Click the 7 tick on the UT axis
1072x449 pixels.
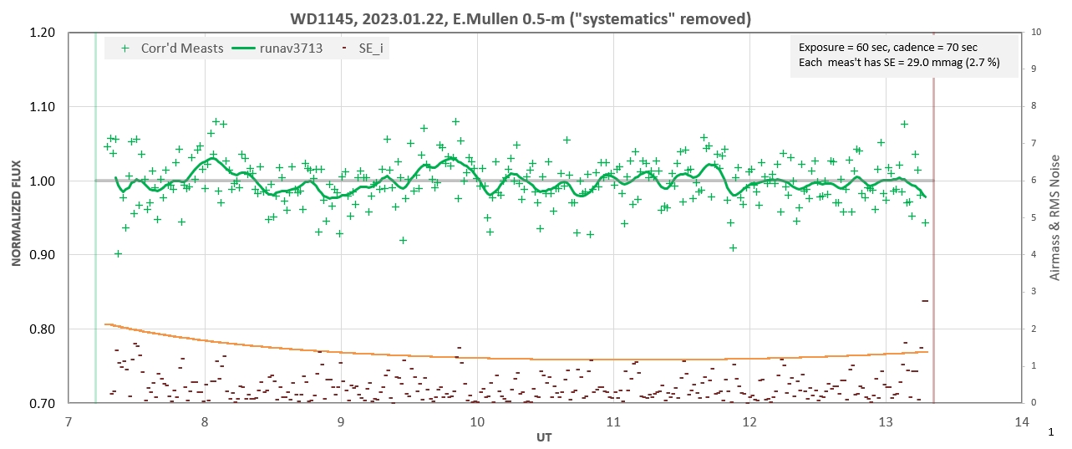69,422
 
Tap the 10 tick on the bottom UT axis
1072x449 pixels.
477,422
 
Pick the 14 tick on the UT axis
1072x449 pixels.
1021,422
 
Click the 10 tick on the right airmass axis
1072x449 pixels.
1037,33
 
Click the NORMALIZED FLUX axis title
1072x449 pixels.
16,217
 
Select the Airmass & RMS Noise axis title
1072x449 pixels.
1056,217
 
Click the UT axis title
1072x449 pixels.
544,437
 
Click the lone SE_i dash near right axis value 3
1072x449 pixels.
925,300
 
